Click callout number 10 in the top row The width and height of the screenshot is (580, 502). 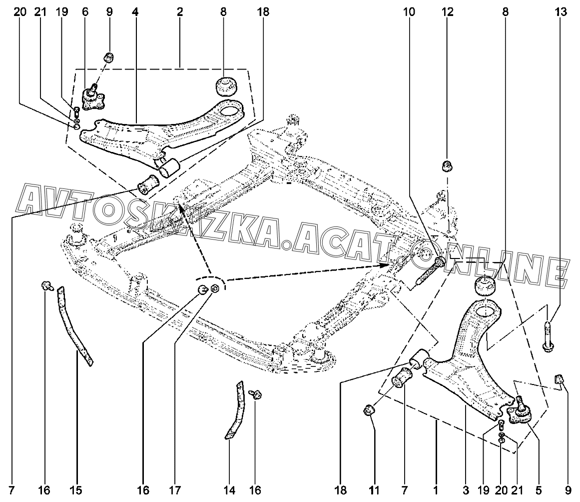pos(409,12)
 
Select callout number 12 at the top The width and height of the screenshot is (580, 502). pos(447,12)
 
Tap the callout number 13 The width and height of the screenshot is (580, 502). pos(561,12)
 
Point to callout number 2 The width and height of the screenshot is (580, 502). pos(180,12)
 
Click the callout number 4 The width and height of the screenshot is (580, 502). pos(135,12)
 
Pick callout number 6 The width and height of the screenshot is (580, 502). pos(85,12)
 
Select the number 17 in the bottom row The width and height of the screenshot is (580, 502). pos(175,490)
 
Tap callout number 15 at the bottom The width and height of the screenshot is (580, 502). pos(76,490)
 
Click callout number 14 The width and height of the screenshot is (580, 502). pos(229,490)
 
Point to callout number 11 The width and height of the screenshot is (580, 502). pos(374,490)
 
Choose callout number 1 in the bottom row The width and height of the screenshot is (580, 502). pos(436,490)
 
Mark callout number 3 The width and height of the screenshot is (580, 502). pos(466,490)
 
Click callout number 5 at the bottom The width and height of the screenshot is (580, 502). pos(539,490)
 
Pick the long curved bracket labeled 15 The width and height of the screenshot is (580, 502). pos(74,326)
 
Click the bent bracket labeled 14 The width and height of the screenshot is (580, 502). pos(235,411)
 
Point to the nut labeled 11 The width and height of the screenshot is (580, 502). pos(369,410)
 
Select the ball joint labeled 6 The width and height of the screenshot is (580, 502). pos(92,98)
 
